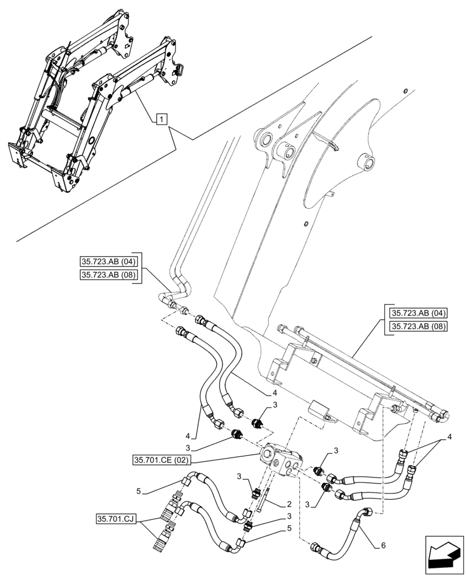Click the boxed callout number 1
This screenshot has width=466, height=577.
(x=162, y=119)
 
